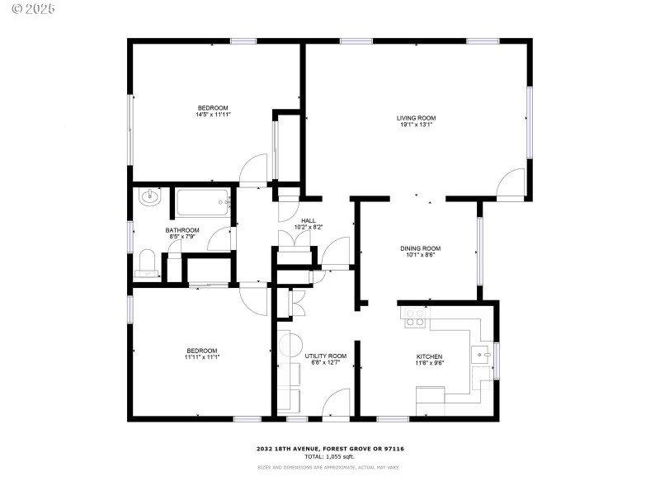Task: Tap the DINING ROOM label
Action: click(x=421, y=248)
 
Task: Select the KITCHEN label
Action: click(x=430, y=356)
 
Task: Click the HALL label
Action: click(x=309, y=220)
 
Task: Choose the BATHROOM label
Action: click(x=182, y=230)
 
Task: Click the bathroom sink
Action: click(x=150, y=197)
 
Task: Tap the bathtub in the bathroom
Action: click(x=203, y=202)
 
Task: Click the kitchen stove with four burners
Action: click(x=414, y=318)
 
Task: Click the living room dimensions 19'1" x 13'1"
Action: click(x=415, y=125)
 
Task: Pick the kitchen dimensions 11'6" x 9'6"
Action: click(x=430, y=363)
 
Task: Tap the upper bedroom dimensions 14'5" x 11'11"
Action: click(x=213, y=115)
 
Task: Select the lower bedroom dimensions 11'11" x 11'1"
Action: click(x=202, y=357)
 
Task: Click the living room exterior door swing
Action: click(x=512, y=183)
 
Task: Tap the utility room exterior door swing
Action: click(x=337, y=404)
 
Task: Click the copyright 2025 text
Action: click(x=29, y=9)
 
